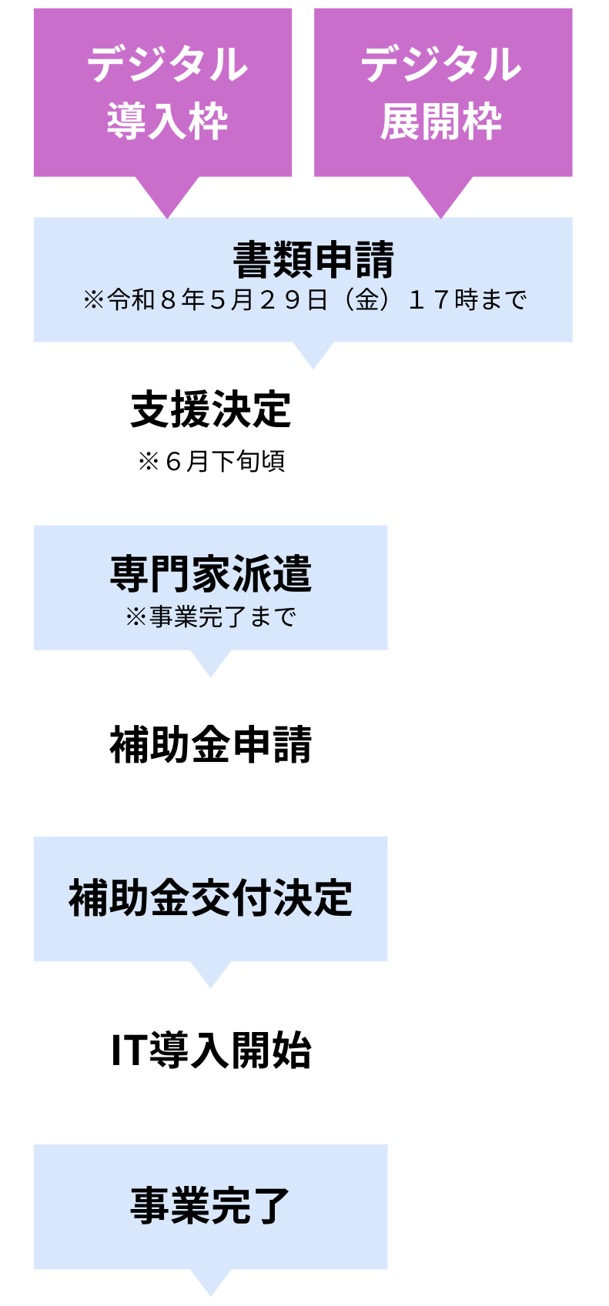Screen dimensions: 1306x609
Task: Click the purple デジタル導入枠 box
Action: (162, 92)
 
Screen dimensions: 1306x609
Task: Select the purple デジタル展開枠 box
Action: (443, 92)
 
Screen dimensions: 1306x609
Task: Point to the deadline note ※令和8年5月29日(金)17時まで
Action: (305, 299)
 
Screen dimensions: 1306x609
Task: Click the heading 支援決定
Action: (210, 409)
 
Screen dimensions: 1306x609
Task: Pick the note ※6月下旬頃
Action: (210, 461)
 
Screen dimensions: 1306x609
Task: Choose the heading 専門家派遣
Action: (210, 574)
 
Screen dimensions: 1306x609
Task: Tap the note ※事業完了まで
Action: (210, 616)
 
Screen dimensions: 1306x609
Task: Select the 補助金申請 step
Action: (210, 744)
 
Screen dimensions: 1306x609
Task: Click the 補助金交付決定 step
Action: (210, 898)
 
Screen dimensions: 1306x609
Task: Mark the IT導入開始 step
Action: (210, 1050)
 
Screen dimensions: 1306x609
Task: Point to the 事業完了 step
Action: (210, 1206)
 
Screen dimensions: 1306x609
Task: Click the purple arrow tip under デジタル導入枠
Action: (167, 202)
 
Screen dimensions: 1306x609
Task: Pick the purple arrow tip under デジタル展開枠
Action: (441, 202)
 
